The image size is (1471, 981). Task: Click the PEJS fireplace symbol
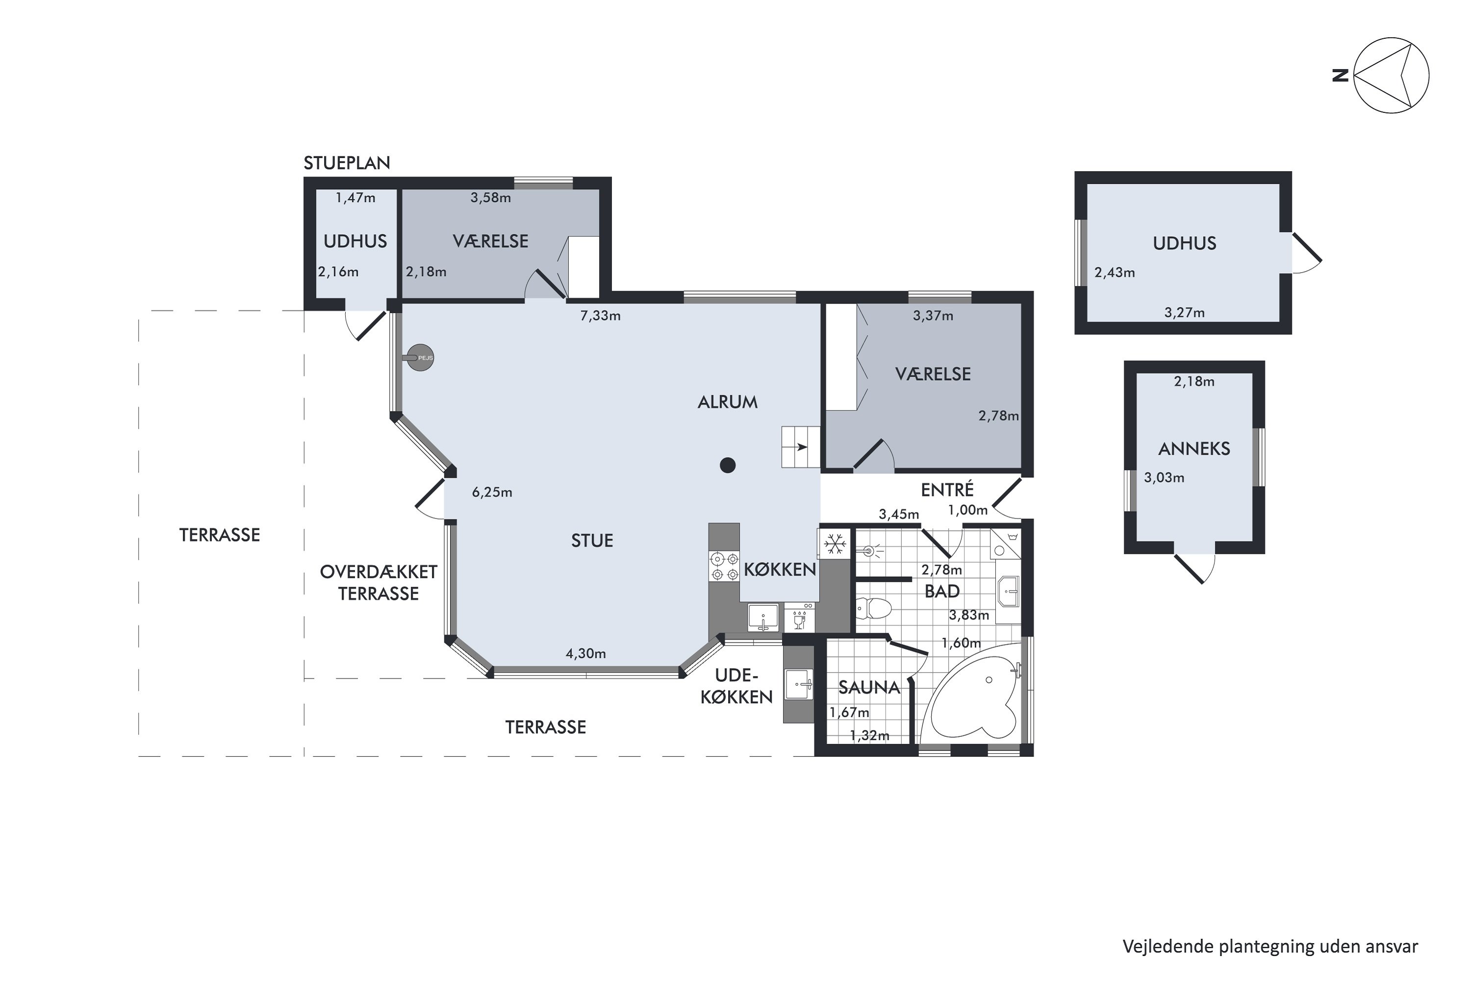[420, 358]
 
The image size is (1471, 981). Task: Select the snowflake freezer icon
[835, 543]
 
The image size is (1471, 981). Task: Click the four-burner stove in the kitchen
[724, 566]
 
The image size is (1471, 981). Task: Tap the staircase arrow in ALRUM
[802, 447]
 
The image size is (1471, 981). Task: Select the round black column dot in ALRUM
[727, 465]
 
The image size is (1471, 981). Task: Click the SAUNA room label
[869, 688]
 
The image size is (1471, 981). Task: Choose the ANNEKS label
[1194, 449]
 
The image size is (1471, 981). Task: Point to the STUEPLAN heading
[347, 163]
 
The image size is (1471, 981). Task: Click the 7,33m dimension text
[600, 316]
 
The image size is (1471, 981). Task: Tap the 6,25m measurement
[492, 492]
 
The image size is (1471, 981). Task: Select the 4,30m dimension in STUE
[586, 654]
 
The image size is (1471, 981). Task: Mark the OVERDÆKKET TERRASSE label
[379, 583]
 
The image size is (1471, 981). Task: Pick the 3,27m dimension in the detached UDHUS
[1185, 312]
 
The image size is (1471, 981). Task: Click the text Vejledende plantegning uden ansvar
[1270, 947]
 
